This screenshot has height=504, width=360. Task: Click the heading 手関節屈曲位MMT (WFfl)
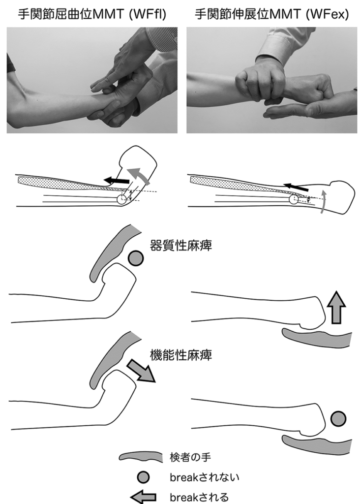(92, 14)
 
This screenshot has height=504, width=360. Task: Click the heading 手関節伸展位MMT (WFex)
(271, 14)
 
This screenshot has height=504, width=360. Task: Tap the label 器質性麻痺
(181, 246)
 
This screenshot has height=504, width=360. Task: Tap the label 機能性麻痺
(181, 355)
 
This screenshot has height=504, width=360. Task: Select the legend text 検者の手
(190, 457)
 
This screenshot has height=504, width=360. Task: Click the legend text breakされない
(205, 477)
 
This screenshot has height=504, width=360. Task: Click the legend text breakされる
(199, 497)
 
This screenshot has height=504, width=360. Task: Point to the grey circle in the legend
(143, 477)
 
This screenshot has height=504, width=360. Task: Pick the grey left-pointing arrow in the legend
(144, 497)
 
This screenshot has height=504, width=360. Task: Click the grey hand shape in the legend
(141, 457)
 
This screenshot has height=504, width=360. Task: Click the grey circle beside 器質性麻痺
(136, 258)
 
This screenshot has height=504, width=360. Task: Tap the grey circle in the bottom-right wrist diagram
(338, 419)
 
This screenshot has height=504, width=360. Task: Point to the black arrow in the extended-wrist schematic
(296, 187)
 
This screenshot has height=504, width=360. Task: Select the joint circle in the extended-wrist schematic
(294, 199)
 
